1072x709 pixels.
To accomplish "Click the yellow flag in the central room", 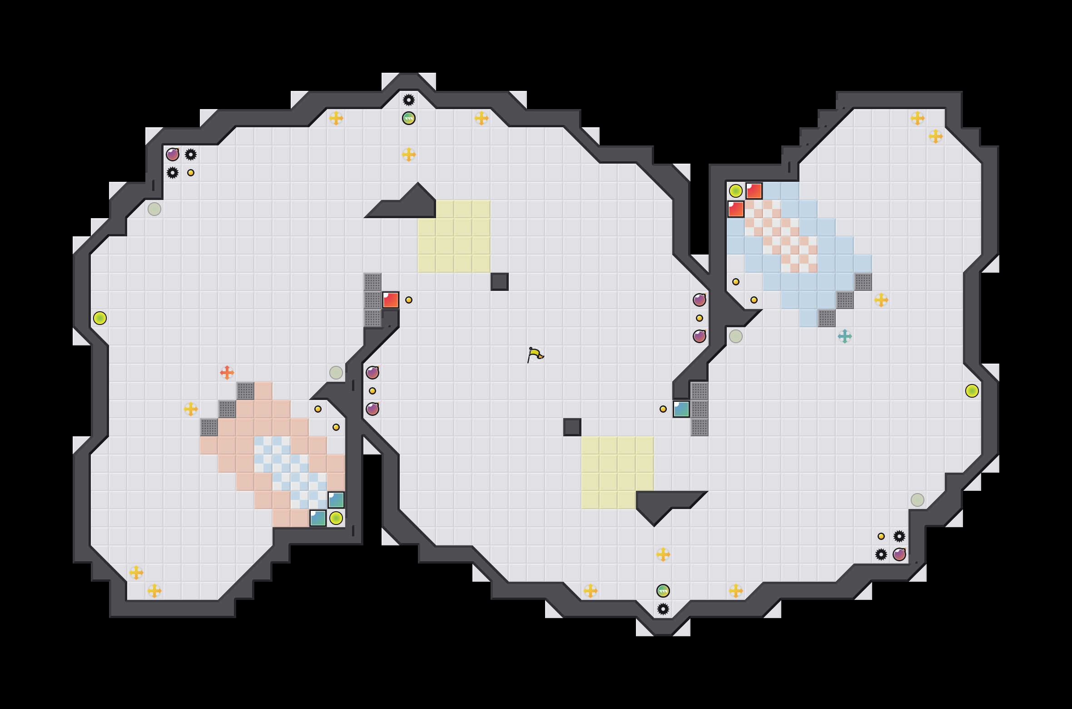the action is pyautogui.click(x=535, y=354).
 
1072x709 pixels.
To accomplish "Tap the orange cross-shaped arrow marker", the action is pyautogui.click(x=227, y=373).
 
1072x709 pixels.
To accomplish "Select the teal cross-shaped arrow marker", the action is pyautogui.click(x=845, y=336).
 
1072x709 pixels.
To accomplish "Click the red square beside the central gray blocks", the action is pyautogui.click(x=391, y=300).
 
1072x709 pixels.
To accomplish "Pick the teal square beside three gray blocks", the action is pyautogui.click(x=681, y=409).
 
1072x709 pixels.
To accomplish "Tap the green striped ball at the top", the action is pyautogui.click(x=409, y=118).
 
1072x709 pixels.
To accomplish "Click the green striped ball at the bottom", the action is pyautogui.click(x=663, y=591).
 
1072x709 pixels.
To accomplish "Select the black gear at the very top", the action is pyautogui.click(x=409, y=100).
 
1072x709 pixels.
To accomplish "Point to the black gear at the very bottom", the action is pyautogui.click(x=663, y=609).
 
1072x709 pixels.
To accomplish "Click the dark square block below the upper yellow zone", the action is pyautogui.click(x=500, y=282).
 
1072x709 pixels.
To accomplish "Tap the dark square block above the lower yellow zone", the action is pyautogui.click(x=572, y=427).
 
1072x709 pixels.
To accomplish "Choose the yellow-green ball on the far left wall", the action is pyautogui.click(x=100, y=318).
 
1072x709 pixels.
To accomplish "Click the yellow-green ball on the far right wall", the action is pyautogui.click(x=972, y=391).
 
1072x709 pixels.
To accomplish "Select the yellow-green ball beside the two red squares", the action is pyautogui.click(x=736, y=191).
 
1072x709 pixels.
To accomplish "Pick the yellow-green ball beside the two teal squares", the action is pyautogui.click(x=336, y=518).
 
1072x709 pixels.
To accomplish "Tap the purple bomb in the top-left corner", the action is pyautogui.click(x=173, y=155).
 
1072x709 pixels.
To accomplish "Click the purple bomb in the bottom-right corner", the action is pyautogui.click(x=899, y=554).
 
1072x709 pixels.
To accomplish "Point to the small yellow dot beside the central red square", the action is pyautogui.click(x=409, y=300).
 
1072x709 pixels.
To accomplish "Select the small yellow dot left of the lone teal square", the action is pyautogui.click(x=663, y=409).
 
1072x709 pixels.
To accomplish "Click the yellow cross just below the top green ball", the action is pyautogui.click(x=409, y=155).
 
